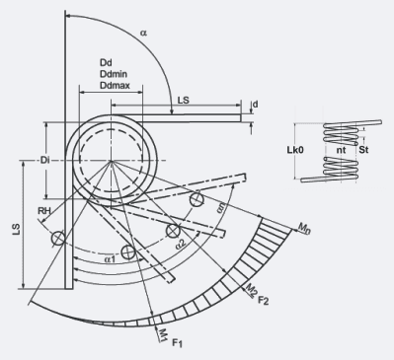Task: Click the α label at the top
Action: click(144, 33)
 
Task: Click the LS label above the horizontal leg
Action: click(185, 101)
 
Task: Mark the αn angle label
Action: click(222, 211)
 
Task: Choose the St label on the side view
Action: click(363, 151)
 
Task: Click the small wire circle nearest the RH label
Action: click(59, 237)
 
